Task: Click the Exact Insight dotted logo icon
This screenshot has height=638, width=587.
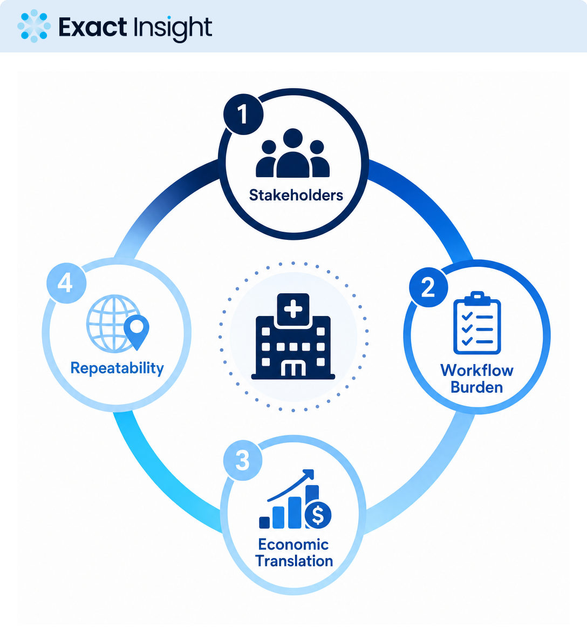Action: point(34,26)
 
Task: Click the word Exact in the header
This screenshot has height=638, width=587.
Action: point(93,27)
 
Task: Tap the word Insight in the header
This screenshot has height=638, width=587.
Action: point(173,29)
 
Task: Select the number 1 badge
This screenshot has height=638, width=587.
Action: point(243,115)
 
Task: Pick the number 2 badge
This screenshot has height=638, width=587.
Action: point(428,287)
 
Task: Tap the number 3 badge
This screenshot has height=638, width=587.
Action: point(243,461)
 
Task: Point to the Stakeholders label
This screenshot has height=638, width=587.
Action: point(296,196)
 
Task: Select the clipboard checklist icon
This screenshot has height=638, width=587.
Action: point(477,323)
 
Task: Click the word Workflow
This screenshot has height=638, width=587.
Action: point(477,370)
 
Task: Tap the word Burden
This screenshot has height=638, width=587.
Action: point(477,387)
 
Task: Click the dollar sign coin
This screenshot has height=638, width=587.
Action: point(318,515)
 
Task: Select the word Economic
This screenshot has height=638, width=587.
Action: point(293,545)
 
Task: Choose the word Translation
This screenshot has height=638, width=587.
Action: point(294,561)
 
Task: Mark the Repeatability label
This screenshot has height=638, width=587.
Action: point(117,368)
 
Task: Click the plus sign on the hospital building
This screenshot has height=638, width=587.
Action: point(293,310)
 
